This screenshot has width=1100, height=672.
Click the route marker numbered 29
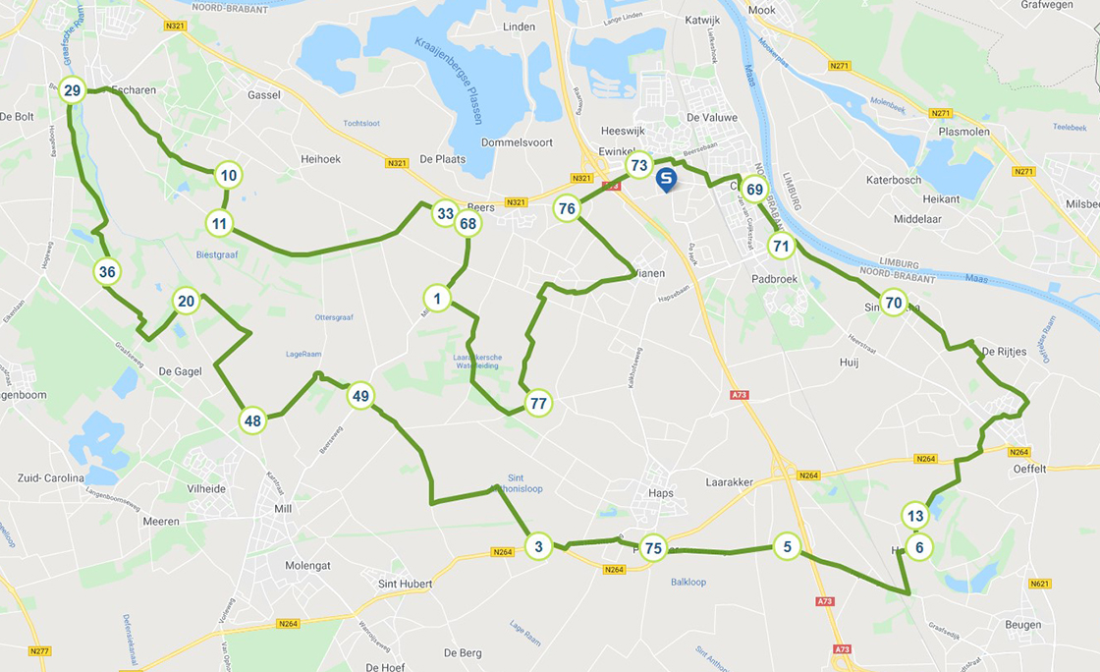point(72,91)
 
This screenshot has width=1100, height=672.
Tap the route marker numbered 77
point(537,403)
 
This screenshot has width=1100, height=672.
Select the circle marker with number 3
point(538,546)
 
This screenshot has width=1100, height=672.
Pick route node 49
point(360,396)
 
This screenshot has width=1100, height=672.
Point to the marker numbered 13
point(915,516)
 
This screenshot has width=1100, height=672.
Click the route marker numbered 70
point(892,303)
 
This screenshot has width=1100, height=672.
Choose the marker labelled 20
point(186,302)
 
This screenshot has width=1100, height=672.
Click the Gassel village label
point(264,95)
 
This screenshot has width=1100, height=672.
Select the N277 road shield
point(39,651)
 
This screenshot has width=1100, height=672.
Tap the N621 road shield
point(1040,584)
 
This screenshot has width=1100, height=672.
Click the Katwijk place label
point(702,19)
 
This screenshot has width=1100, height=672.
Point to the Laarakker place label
point(728,482)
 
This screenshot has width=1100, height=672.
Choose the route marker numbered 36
point(108,272)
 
